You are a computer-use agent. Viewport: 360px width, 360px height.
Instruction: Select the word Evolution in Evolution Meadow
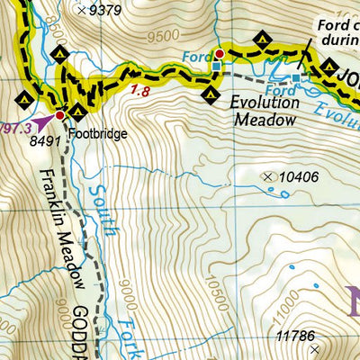point(263,103)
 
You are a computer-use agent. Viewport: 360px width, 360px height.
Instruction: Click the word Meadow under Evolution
point(264,119)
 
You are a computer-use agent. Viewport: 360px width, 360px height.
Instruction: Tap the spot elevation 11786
point(295,337)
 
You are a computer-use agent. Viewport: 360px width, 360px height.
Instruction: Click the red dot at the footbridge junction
point(60,115)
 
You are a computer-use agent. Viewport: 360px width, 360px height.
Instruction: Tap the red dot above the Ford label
point(218,54)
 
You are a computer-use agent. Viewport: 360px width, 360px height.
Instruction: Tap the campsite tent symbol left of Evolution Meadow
point(211,93)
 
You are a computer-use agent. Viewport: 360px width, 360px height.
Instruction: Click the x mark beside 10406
point(266,177)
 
